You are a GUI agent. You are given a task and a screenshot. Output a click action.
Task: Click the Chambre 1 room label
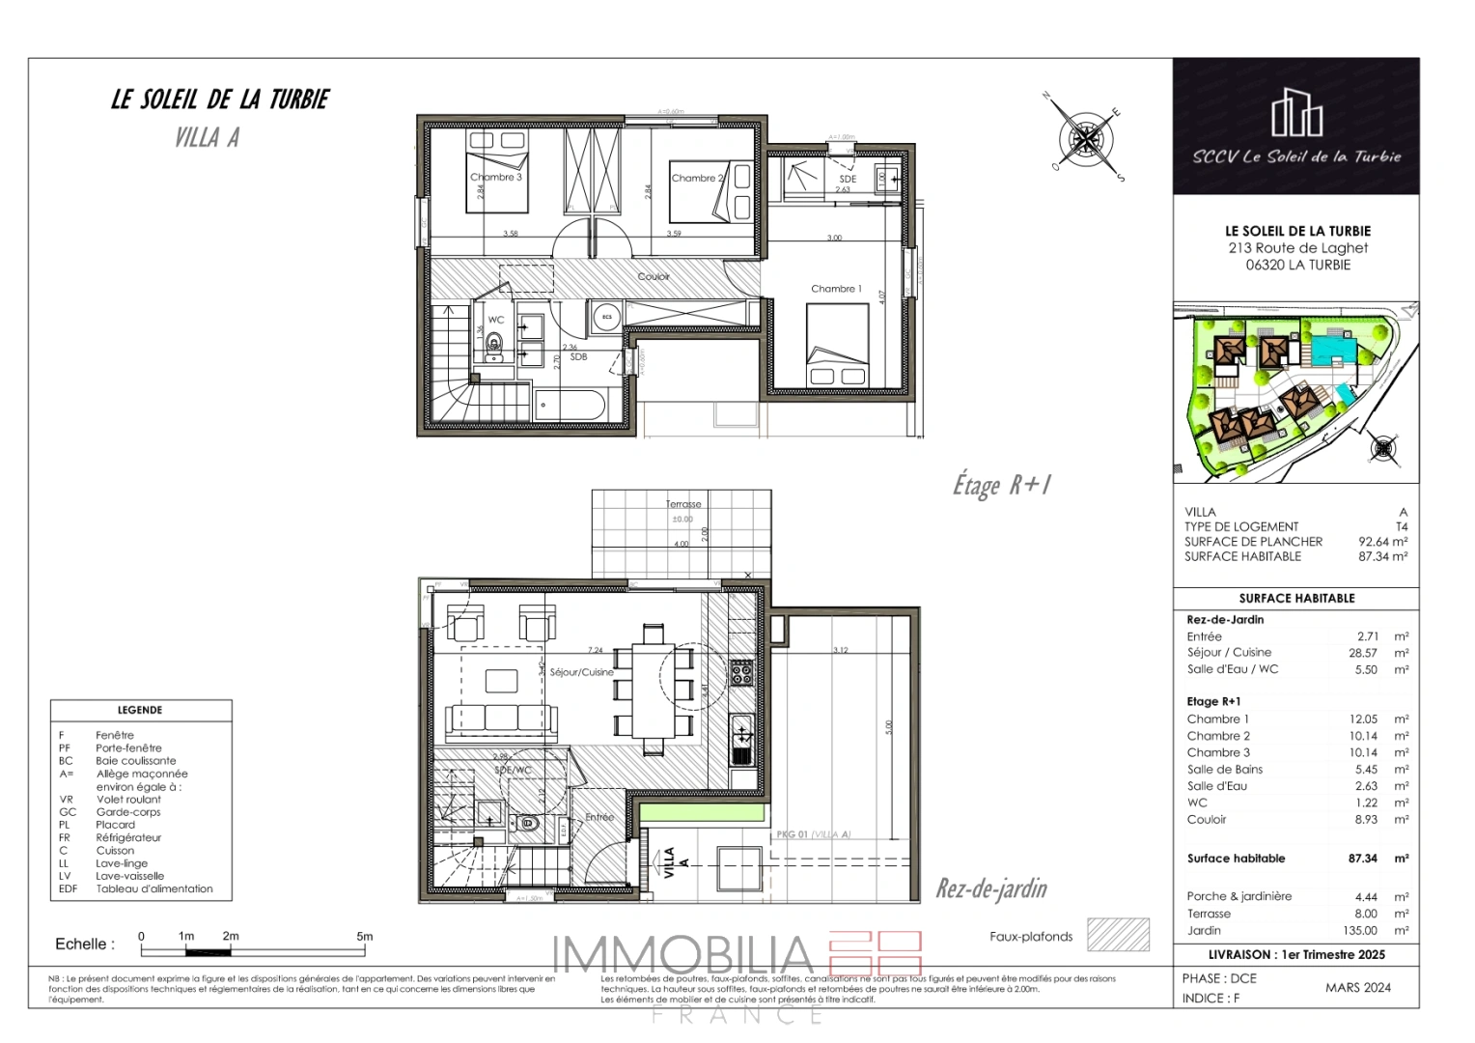(836, 289)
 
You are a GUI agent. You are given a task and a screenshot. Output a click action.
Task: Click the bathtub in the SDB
(570, 406)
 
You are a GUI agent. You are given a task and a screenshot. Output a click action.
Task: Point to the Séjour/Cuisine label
(581, 672)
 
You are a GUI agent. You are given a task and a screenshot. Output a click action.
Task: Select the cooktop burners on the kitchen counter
(740, 671)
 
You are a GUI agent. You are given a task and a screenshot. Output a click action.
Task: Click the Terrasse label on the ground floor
(683, 504)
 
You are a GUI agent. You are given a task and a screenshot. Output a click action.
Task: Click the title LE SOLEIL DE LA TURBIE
(220, 99)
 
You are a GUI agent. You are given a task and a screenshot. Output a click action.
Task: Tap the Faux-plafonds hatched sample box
(1118, 935)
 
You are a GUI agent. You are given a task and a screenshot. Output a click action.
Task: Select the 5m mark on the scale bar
(364, 937)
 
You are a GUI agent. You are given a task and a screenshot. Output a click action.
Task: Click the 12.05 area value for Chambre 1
(1363, 719)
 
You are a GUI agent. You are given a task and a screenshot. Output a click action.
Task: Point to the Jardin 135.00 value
(1359, 931)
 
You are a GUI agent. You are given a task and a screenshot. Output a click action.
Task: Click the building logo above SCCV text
(1295, 113)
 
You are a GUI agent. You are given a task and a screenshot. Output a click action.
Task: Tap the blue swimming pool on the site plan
(1330, 345)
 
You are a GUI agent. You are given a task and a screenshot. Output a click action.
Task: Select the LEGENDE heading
(140, 710)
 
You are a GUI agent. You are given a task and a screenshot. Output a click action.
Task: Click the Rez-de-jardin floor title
(991, 888)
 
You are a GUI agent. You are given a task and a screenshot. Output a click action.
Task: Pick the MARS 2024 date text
(1357, 987)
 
